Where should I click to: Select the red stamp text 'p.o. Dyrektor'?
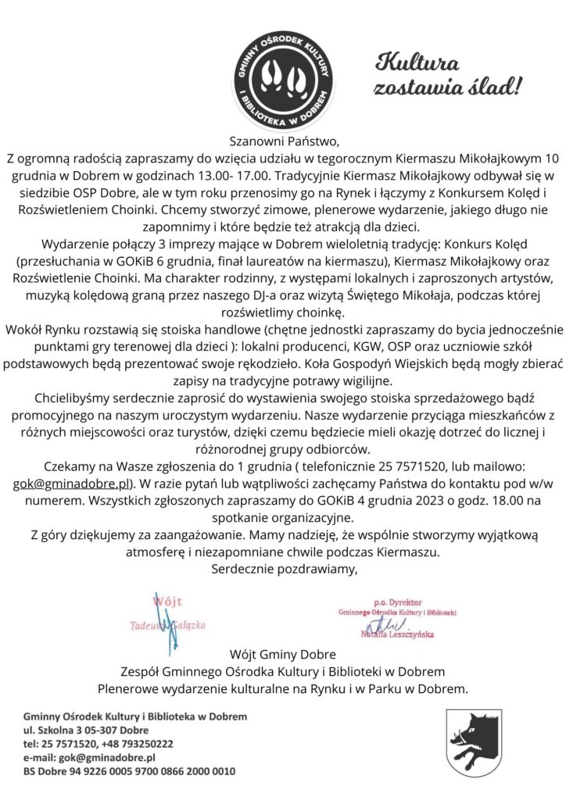[x=398, y=603]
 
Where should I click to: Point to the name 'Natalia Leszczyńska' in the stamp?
[x=397, y=635]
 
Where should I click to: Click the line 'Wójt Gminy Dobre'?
[x=283, y=653]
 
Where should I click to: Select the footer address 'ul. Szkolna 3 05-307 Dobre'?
[x=86, y=730]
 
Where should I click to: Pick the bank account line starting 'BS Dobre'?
[x=128, y=771]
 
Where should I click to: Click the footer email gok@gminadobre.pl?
[x=104, y=757]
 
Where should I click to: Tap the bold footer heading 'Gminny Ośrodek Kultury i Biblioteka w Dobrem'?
[x=134, y=716]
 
